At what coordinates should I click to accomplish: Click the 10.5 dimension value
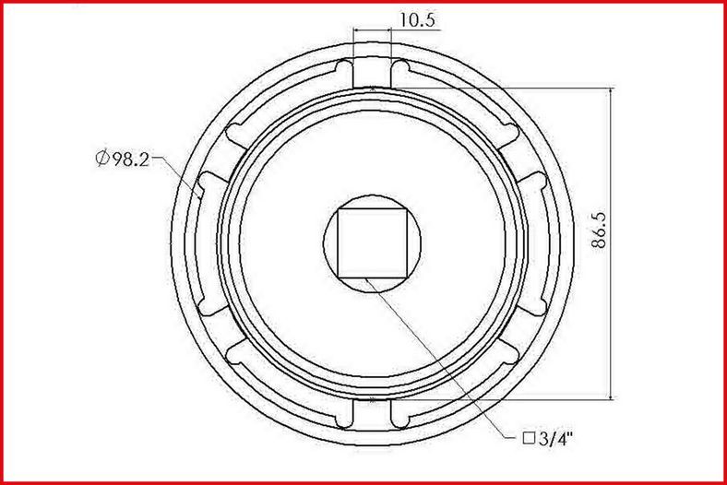417,20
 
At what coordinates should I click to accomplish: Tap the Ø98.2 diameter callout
123,159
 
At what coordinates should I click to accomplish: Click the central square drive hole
373,243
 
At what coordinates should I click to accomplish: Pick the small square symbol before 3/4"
529,438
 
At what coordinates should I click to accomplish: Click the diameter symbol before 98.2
102,159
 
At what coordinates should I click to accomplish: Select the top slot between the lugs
372,72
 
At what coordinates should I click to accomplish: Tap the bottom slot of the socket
372,412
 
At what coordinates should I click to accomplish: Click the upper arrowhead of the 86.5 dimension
611,92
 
